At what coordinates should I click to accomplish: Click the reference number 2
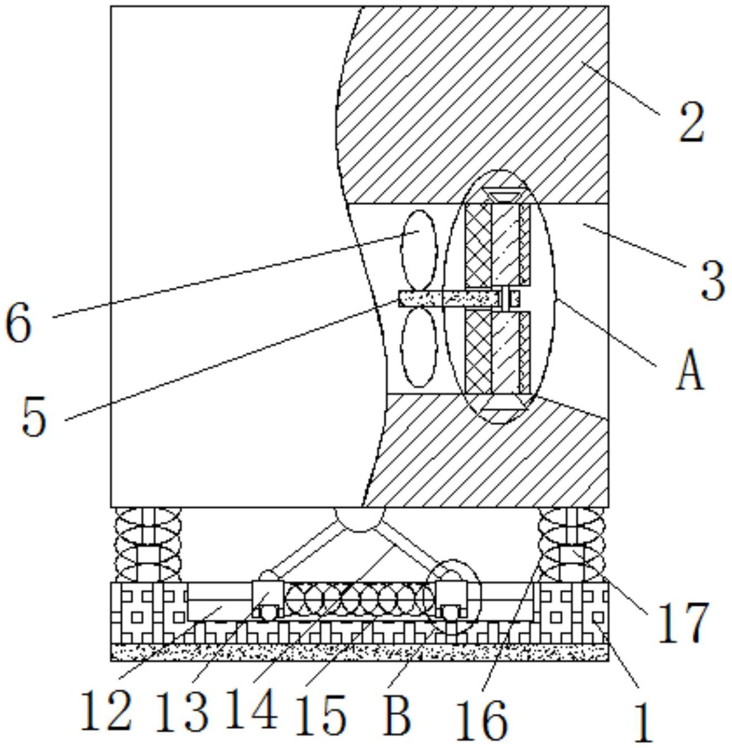coord(691,122)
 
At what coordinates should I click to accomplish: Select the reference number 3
coord(712,280)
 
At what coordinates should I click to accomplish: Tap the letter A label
coord(690,369)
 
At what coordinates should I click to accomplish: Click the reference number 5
coord(34,417)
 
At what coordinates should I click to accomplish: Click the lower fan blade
coord(418,347)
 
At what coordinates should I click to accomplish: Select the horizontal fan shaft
coord(449,299)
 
